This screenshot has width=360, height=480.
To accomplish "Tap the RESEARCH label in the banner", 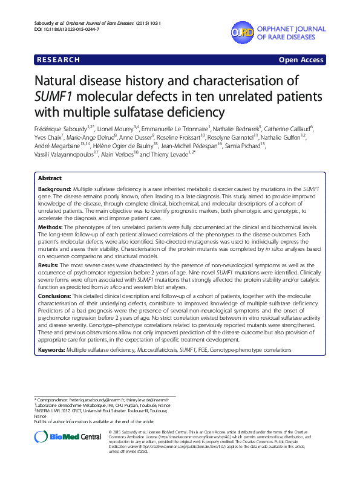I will click(x=59, y=60).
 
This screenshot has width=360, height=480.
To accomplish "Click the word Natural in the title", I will click(x=60, y=82).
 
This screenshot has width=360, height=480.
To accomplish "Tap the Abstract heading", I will click(x=50, y=179).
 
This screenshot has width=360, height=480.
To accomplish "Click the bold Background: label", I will click(x=55, y=190).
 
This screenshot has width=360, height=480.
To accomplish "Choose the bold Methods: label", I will click(x=51, y=225).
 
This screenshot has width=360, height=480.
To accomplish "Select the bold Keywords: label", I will click(x=52, y=349).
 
